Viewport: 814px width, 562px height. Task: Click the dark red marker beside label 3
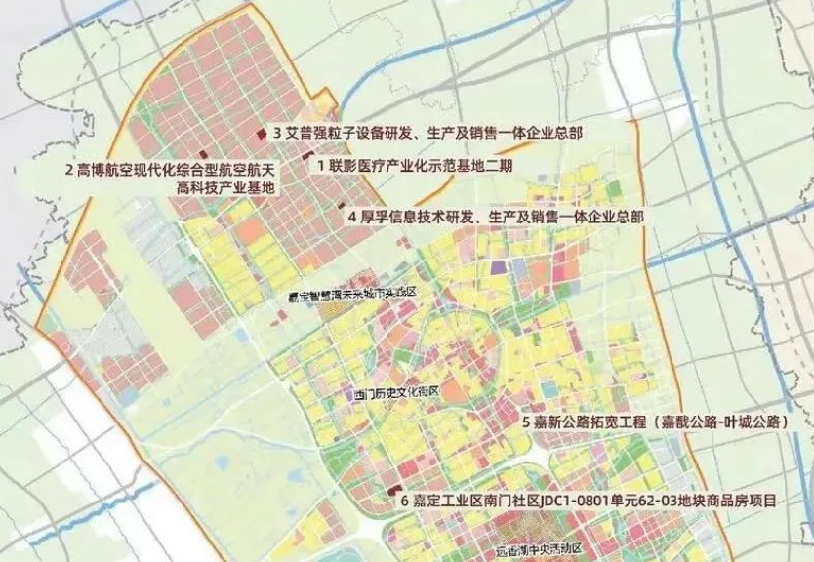click(x=260, y=133)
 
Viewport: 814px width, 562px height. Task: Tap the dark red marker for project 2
click(x=202, y=155)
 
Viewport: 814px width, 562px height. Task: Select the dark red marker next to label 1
click(x=306, y=157)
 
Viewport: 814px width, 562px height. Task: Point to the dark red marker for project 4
click(x=341, y=206)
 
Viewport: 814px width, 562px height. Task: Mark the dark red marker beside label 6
click(x=394, y=489)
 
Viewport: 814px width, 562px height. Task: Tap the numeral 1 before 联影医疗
click(x=320, y=166)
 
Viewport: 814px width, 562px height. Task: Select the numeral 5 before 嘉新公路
click(x=526, y=423)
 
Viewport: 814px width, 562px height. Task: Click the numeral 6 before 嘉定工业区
click(x=404, y=502)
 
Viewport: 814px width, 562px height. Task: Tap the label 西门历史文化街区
click(x=398, y=393)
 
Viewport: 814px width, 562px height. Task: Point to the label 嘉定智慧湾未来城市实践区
click(x=358, y=293)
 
